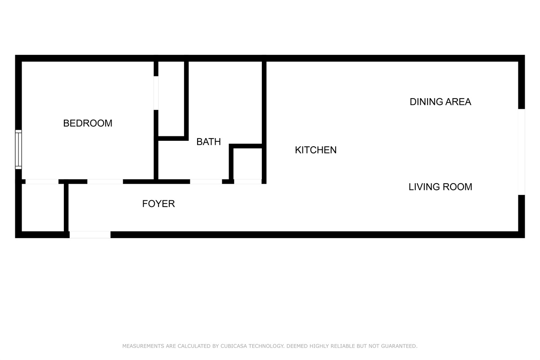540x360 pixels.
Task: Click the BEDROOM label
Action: pyautogui.click(x=88, y=123)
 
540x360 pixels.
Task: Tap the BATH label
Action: pyautogui.click(x=208, y=142)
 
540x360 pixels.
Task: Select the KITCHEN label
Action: pyautogui.click(x=315, y=150)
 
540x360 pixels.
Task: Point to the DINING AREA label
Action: pyautogui.click(x=440, y=102)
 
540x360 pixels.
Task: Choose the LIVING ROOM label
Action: pyautogui.click(x=440, y=187)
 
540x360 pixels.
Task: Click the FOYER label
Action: pyautogui.click(x=158, y=204)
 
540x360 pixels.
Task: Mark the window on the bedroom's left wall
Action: pyautogui.click(x=18, y=149)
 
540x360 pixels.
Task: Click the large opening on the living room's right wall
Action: pyautogui.click(x=521, y=152)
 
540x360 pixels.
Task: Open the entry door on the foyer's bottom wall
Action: pyautogui.click(x=90, y=234)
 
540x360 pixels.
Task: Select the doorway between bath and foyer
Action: pyautogui.click(x=206, y=181)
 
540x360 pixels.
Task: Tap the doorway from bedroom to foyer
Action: pyautogui.click(x=105, y=181)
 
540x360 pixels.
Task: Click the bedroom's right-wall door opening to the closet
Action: pyautogui.click(x=156, y=93)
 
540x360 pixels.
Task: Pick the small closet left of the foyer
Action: pyautogui.click(x=42, y=207)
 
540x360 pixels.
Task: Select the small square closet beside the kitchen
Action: pyautogui.click(x=247, y=163)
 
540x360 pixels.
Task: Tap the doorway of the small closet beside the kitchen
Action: pyautogui.click(x=247, y=181)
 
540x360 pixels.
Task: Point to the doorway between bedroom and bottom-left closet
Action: pyautogui.click(x=41, y=181)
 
